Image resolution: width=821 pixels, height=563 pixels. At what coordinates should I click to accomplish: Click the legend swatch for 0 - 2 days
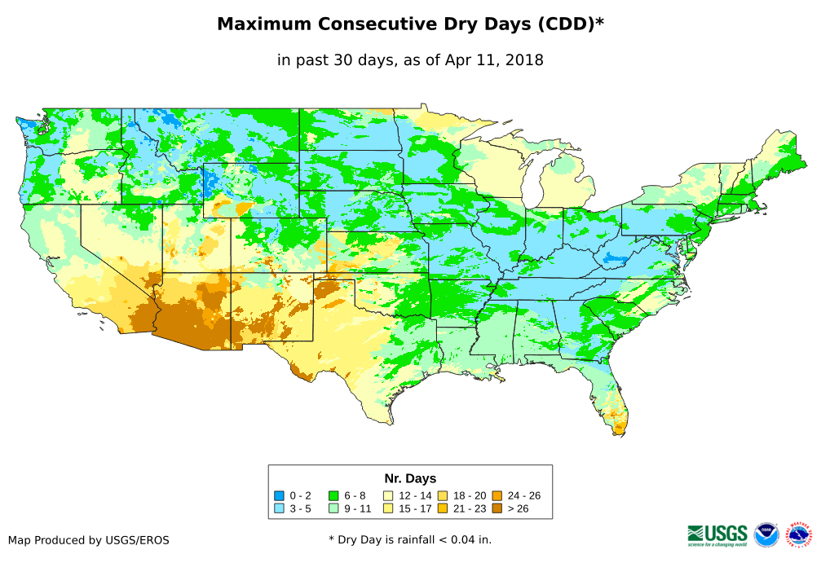(279, 495)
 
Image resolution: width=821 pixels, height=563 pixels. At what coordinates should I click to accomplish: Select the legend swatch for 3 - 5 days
(279, 508)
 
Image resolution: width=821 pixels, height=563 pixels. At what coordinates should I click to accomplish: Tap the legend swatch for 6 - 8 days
(333, 495)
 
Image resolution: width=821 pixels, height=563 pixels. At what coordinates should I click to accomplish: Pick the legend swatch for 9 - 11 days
(333, 508)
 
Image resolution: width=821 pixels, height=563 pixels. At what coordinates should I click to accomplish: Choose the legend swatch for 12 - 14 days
(388, 495)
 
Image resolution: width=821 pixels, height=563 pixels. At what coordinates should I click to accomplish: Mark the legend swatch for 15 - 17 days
(388, 508)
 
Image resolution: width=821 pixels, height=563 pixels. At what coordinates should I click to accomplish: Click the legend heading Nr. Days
(410, 478)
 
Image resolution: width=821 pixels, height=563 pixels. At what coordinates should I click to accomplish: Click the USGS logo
(717, 534)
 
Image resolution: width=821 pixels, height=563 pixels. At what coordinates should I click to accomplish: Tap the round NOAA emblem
(766, 534)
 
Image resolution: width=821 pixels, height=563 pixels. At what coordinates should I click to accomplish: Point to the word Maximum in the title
(265, 24)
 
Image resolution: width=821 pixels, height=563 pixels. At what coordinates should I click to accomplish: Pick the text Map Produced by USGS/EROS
(89, 539)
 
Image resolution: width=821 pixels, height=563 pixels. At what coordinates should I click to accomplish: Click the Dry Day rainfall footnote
(410, 539)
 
